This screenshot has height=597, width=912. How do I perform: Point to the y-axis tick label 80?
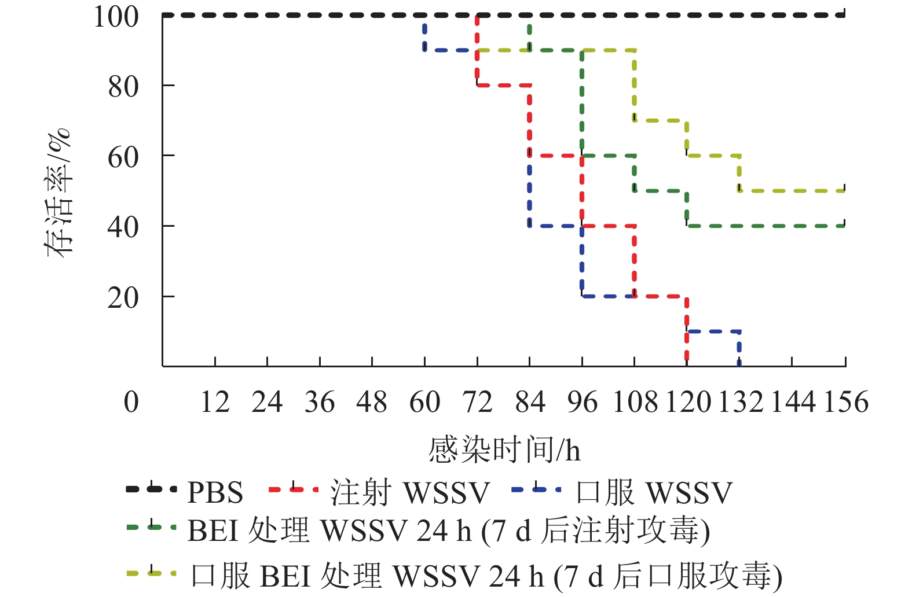(123, 87)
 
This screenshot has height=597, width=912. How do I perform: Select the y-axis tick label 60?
(123, 157)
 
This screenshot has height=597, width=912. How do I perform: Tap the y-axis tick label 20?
(123, 298)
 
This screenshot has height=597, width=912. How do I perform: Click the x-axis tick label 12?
(215, 401)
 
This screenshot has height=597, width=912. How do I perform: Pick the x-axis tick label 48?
(372, 401)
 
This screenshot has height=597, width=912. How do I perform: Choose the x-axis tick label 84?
(530, 401)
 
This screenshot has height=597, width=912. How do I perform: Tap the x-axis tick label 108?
(635, 401)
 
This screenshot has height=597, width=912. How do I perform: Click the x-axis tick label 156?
(846, 401)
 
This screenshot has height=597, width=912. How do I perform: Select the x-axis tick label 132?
(741, 401)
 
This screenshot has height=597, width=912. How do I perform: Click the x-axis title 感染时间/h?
(504, 450)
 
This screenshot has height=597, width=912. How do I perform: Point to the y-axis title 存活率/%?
(58, 193)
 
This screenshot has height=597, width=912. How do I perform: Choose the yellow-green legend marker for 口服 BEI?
(151, 573)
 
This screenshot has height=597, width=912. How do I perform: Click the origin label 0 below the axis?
(131, 401)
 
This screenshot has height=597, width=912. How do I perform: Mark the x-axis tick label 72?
(477, 401)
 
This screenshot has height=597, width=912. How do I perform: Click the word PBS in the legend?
(215, 493)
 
